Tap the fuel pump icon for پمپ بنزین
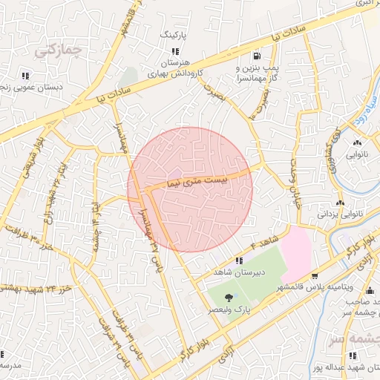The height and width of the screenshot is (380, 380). click(x=257, y=55)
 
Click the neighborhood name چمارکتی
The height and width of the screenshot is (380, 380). click(x=56, y=50)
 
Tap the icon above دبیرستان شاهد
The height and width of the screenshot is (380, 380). click(x=239, y=261)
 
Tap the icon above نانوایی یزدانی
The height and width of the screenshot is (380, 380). click(x=341, y=203)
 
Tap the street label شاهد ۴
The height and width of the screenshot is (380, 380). click(x=264, y=241)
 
